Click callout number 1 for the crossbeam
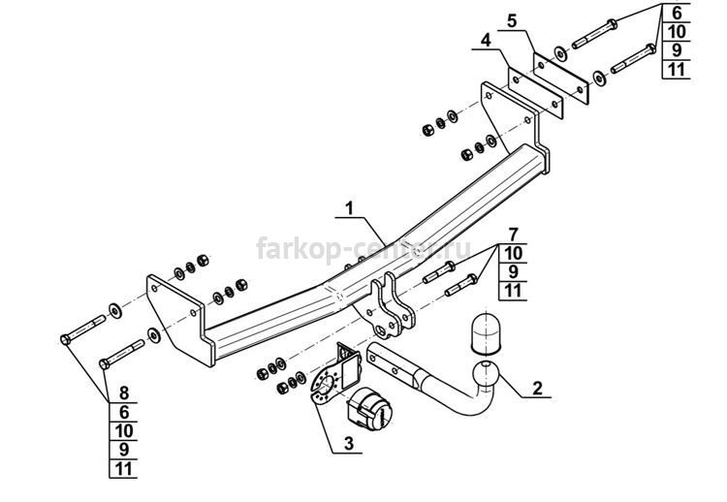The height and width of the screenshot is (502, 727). coord(349,208)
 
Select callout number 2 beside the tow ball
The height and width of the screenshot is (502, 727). coord(537,388)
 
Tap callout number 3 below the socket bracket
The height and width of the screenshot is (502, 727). coord(349,443)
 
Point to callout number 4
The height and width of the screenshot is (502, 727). coord(486,41)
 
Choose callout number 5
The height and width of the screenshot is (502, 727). coord(512,21)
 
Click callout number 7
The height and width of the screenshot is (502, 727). coord(513,235)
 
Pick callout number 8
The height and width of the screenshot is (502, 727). coord(124,393)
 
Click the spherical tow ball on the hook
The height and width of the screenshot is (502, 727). coord(485,373)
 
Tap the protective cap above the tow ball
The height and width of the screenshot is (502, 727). coord(484,331)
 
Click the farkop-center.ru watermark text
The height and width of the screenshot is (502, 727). coord(363,249)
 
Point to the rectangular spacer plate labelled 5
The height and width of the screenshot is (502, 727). coord(561,78)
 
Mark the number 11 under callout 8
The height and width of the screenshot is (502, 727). coord(124,469)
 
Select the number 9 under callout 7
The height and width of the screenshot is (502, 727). coord(513,271)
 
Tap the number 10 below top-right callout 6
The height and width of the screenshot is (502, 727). coord(677,32)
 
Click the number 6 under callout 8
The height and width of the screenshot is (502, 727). coord(124,412)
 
